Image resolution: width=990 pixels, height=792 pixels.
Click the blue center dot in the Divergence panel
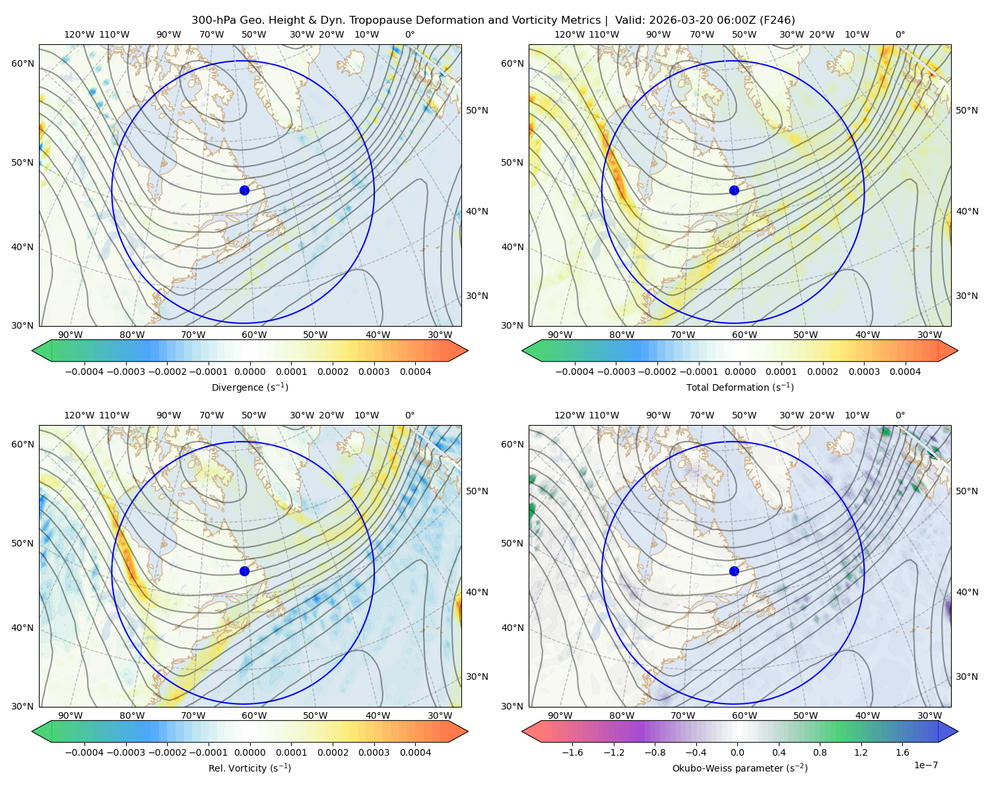(x=244, y=191)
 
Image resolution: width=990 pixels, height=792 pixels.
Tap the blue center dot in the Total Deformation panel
(x=734, y=191)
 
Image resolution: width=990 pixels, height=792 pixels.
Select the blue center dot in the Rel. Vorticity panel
(x=244, y=571)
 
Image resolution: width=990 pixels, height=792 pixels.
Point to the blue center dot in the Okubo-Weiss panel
(x=734, y=571)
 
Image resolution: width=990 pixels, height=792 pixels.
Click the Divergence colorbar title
(x=249, y=387)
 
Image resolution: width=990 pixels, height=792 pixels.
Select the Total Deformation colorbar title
(x=740, y=387)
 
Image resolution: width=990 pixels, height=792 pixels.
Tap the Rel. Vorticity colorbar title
(x=249, y=768)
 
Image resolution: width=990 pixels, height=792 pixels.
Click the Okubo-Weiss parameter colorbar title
(x=740, y=768)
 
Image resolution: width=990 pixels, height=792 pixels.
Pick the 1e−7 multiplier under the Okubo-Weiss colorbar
(x=925, y=766)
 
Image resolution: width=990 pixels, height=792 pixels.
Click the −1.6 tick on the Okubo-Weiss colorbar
(x=573, y=752)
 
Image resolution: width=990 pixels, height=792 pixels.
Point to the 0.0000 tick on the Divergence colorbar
(x=249, y=372)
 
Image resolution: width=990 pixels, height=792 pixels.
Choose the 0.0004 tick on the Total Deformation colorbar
(x=906, y=372)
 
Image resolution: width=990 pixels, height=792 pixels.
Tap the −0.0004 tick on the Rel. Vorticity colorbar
(x=84, y=752)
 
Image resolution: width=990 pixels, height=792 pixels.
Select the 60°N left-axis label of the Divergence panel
(x=22, y=63)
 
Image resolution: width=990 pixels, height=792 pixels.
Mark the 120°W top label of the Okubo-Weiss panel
(x=570, y=415)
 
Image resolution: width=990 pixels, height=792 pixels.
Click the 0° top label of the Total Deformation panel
(x=900, y=34)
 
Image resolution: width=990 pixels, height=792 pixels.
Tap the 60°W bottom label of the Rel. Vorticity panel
(x=254, y=715)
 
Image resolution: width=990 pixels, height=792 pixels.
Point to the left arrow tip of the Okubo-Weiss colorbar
(x=522, y=731)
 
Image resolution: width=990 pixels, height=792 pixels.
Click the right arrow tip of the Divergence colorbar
(x=468, y=350)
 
